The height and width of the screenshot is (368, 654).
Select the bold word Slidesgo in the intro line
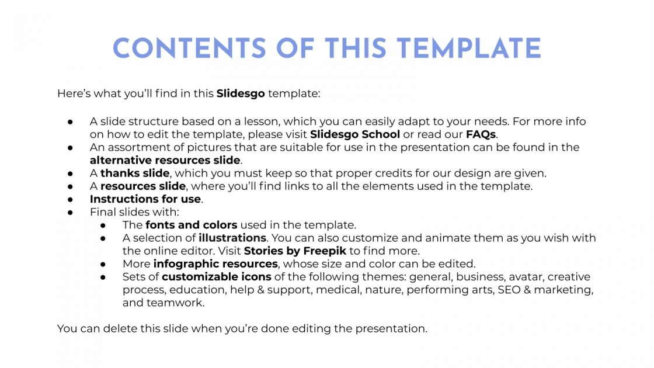(x=241, y=93)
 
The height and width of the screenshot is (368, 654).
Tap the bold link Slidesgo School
(x=355, y=134)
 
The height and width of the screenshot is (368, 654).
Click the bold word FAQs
(x=481, y=134)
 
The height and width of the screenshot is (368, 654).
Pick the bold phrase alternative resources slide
(x=165, y=160)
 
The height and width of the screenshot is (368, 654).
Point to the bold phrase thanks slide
(x=135, y=173)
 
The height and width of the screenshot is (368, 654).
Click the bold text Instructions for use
(x=145, y=199)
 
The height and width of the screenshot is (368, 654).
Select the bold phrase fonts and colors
(x=192, y=225)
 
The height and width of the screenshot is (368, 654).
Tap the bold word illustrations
(x=232, y=238)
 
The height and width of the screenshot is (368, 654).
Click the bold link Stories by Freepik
(x=295, y=251)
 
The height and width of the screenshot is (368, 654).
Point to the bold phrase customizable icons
(x=217, y=276)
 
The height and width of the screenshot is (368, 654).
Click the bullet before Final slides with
(x=69, y=212)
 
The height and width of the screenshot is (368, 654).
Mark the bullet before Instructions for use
(x=69, y=199)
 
